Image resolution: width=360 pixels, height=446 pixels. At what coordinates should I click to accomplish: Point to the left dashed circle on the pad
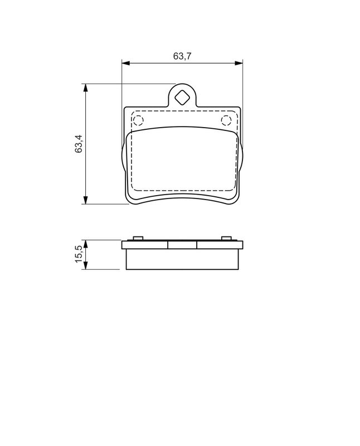point(138,120)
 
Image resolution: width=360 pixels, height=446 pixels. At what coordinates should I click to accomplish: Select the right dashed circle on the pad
point(226,120)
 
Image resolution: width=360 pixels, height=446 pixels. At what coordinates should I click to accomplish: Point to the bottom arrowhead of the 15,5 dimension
point(85,266)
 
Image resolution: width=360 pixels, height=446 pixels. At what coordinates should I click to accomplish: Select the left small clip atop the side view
point(137,239)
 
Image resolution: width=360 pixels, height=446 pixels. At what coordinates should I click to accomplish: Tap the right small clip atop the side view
point(226,239)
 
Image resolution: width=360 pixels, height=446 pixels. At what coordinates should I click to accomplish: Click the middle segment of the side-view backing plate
point(182,245)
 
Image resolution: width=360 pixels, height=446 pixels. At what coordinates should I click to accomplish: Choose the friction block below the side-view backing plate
point(182,259)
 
